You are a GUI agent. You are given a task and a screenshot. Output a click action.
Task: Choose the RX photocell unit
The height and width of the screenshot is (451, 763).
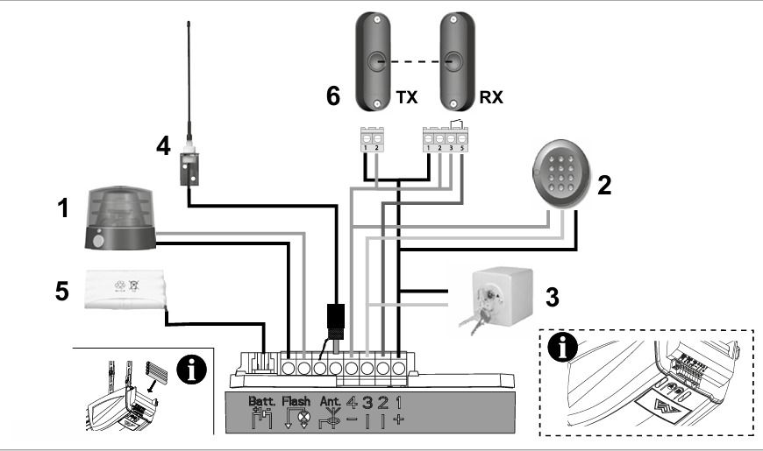[453, 61]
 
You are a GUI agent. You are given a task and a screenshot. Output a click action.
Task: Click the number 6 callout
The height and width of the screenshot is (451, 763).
[333, 95]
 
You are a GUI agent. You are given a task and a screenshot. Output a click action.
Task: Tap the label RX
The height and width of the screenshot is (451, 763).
[492, 98]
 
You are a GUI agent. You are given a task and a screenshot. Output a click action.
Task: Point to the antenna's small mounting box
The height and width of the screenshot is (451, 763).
[189, 167]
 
